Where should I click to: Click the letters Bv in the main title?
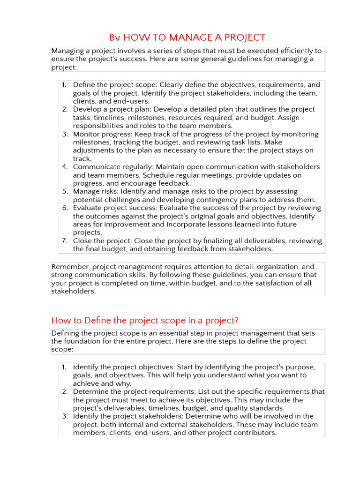coord(114,37)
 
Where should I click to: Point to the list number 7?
coord(65,241)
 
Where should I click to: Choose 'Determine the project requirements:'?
coord(133,391)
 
